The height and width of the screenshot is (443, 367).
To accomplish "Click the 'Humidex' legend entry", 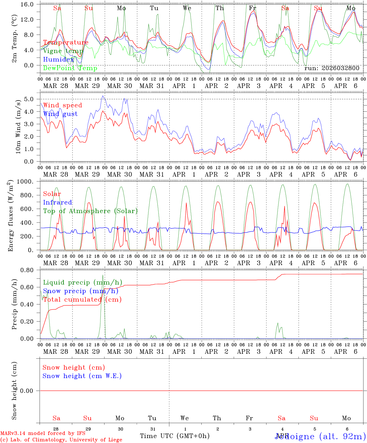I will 59,60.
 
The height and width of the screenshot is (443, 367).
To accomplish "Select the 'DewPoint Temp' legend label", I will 70,68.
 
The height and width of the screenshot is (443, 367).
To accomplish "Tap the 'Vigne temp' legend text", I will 63,51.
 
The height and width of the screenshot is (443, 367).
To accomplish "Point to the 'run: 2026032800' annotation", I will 332,68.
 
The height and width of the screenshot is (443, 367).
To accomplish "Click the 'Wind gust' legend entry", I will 60,114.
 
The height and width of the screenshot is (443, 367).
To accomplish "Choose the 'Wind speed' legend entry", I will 63,105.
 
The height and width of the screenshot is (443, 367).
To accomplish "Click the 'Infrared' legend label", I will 57,202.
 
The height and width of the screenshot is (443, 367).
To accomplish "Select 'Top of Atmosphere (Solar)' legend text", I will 90,211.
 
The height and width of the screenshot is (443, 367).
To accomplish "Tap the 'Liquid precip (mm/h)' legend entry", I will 83,282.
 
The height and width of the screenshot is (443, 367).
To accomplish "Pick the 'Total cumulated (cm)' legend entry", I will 82,299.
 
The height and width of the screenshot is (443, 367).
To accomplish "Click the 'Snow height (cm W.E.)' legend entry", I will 82,376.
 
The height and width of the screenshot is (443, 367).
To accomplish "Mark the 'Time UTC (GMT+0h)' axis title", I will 175,436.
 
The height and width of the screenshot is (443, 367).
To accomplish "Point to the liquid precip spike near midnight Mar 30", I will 103,275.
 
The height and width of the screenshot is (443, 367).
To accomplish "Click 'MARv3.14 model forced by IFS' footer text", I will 43,433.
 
